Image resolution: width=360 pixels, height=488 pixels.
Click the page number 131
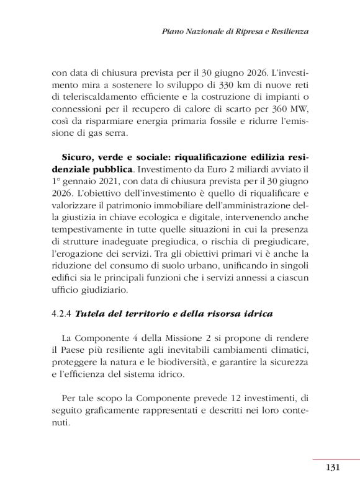tap(331, 468)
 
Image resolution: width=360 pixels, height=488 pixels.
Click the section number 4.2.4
tap(61, 314)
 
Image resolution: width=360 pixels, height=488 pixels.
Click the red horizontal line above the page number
tap(336, 459)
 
